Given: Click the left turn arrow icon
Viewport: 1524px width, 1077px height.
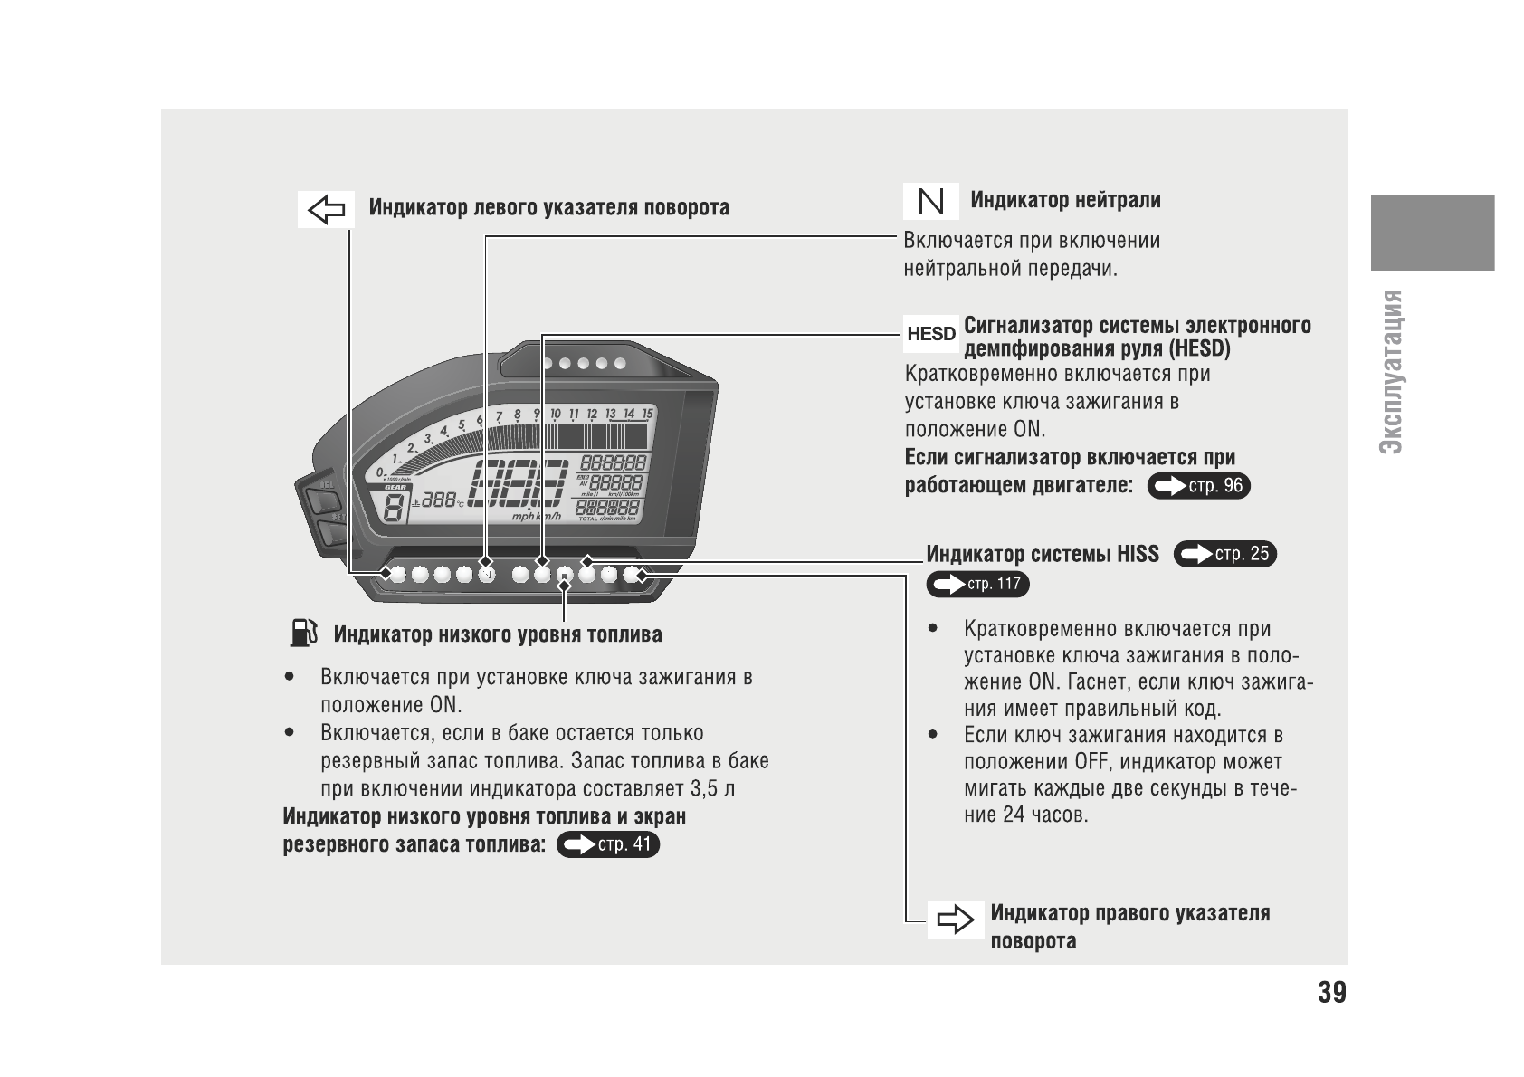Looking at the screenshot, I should click(x=326, y=210).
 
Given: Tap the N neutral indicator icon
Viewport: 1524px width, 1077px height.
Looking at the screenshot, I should click(x=930, y=201).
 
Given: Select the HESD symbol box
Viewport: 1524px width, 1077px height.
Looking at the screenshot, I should click(x=931, y=334).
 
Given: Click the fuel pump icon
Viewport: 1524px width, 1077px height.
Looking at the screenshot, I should click(x=303, y=633).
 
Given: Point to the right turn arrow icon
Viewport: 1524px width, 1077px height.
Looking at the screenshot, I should click(x=956, y=921).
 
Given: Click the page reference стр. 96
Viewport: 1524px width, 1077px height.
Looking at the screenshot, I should click(x=1199, y=486).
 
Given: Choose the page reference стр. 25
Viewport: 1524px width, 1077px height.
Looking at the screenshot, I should click(x=1224, y=554).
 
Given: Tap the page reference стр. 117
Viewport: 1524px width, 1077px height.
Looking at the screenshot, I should click(x=977, y=584).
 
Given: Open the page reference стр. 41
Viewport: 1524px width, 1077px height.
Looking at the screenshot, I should click(x=608, y=844).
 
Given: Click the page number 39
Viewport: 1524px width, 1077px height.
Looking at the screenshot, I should click(x=1331, y=993).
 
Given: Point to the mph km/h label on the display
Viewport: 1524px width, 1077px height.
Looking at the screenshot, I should click(x=537, y=516).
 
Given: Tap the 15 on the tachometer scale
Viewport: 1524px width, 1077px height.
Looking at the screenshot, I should click(x=647, y=414).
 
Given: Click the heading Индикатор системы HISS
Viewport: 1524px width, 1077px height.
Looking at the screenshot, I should click(x=1042, y=554).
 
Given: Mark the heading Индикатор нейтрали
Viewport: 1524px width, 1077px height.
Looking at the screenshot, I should click(x=1065, y=200).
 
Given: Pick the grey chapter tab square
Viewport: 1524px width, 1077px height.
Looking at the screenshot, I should click(x=1432, y=233).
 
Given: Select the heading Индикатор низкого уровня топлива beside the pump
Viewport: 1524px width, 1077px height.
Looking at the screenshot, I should click(x=497, y=634).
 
